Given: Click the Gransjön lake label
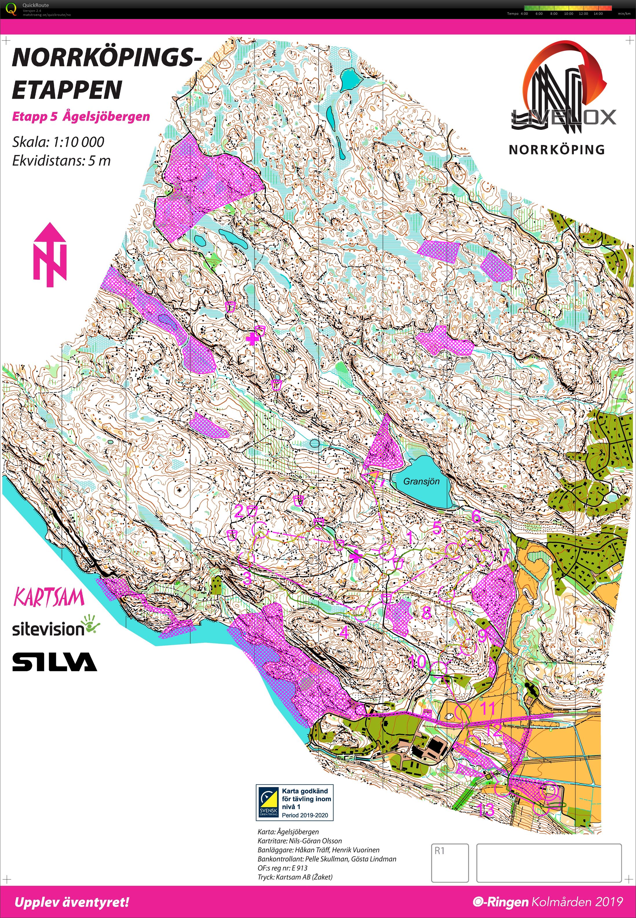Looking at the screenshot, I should pyautogui.click(x=421, y=481).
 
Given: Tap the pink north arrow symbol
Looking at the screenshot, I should pyautogui.click(x=50, y=255).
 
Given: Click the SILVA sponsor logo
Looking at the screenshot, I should pyautogui.click(x=54, y=662).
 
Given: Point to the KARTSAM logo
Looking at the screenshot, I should pyautogui.click(x=49, y=598).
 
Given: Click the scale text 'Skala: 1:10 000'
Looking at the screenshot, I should pyautogui.click(x=58, y=142).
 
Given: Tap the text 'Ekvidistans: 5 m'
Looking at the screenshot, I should pyautogui.click(x=61, y=161).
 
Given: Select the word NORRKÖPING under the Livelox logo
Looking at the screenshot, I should pyautogui.click(x=556, y=150).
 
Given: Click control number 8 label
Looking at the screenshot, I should pyautogui.click(x=426, y=612).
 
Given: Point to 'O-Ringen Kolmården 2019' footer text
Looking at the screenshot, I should pyautogui.click(x=548, y=902).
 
